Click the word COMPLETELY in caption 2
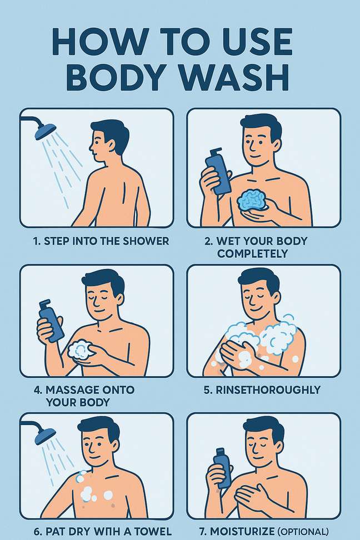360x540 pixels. click(253, 254)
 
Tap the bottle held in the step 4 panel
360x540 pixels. click(51, 321)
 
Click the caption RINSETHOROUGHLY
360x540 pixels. click(262, 390)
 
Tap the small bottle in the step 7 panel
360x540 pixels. click(223, 468)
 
